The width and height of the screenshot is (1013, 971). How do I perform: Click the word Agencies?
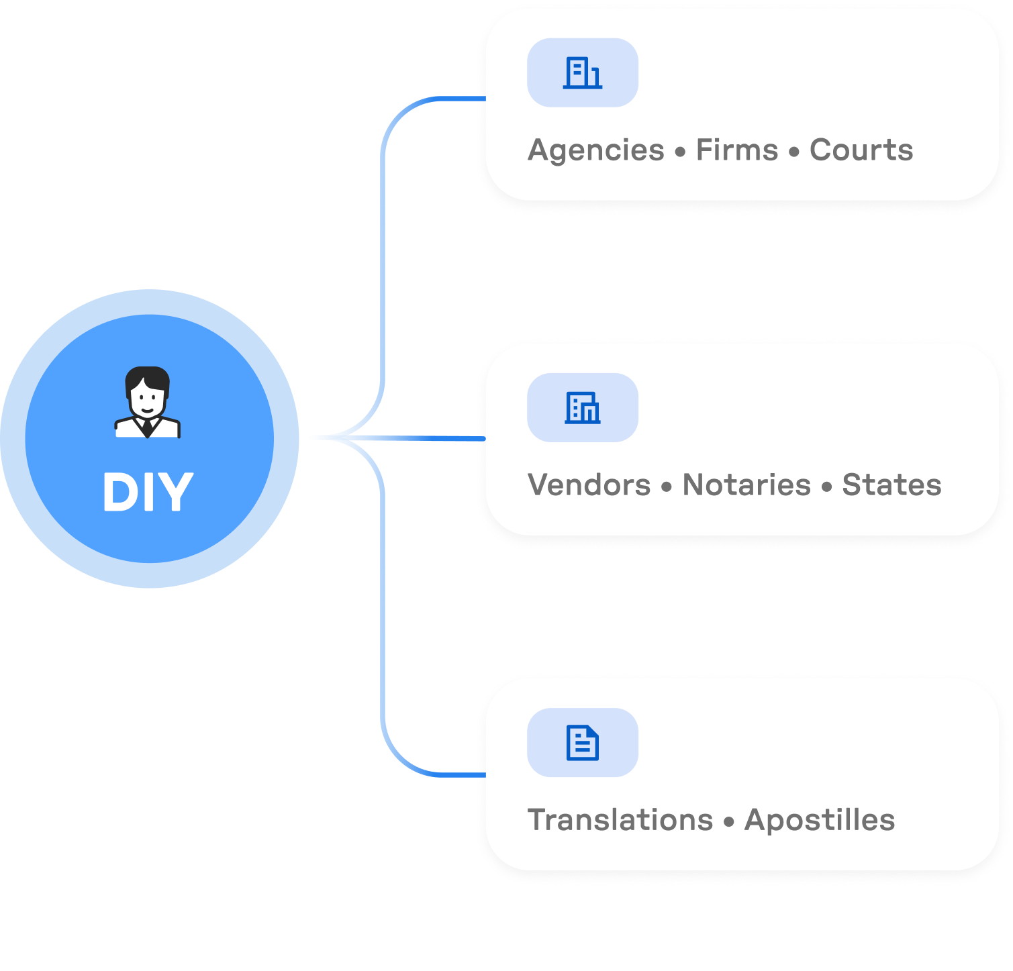pyautogui.click(x=596, y=150)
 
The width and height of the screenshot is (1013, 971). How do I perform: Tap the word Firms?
pyautogui.click(x=736, y=150)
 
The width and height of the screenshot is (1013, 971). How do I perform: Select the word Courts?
pyautogui.click(x=861, y=150)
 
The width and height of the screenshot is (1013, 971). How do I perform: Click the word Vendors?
pyautogui.click(x=589, y=484)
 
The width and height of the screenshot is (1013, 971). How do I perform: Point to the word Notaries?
pyautogui.click(x=746, y=484)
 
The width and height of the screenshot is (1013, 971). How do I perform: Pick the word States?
pyautogui.click(x=891, y=484)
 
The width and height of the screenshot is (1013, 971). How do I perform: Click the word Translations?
pyautogui.click(x=620, y=819)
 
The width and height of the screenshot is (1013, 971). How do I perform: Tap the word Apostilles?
pyautogui.click(x=820, y=819)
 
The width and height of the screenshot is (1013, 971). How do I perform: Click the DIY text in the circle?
pyautogui.click(x=148, y=492)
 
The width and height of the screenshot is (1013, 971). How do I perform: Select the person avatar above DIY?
pyautogui.click(x=148, y=403)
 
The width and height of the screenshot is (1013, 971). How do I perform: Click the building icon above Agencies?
pyautogui.click(x=582, y=72)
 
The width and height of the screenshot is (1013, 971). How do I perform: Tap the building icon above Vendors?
pyautogui.click(x=582, y=407)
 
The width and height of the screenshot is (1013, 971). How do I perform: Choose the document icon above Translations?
pyautogui.click(x=582, y=742)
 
